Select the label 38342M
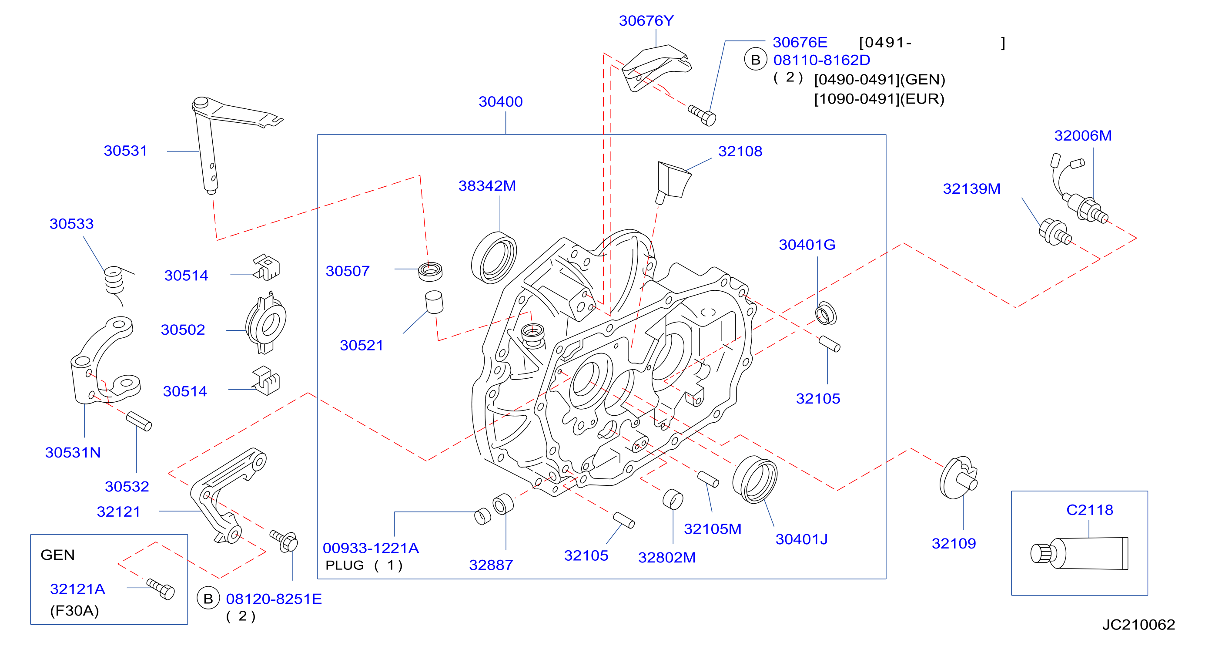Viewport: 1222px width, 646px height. click(x=487, y=185)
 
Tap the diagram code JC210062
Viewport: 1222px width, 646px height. click(x=1138, y=624)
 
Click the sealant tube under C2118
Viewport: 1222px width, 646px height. click(x=1080, y=553)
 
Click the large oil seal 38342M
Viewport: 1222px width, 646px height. click(x=494, y=258)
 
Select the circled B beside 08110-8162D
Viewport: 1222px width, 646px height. click(x=756, y=60)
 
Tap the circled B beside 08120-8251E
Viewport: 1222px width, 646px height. click(x=208, y=599)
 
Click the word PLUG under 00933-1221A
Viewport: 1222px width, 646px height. click(x=345, y=565)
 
